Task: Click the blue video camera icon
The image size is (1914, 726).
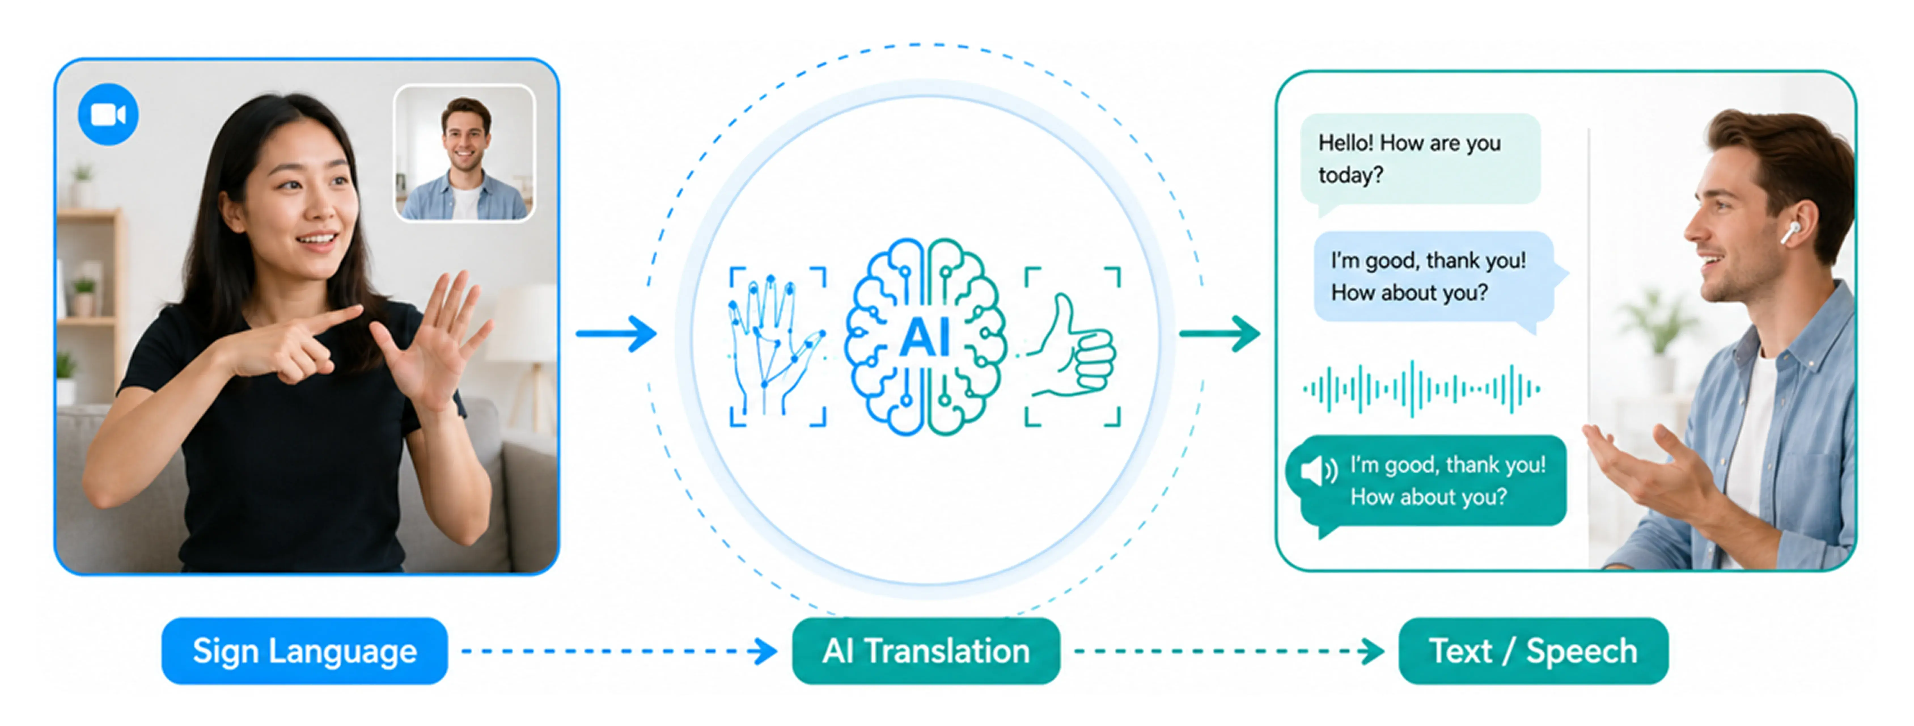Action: pos(108,115)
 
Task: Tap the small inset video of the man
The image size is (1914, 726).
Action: pos(464,153)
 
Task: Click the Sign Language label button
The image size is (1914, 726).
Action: pos(305,651)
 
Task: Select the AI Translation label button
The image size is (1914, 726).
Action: pos(926,651)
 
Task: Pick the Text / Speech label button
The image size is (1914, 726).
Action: pos(1534,651)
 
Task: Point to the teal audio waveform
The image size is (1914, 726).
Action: pos(1421,388)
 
